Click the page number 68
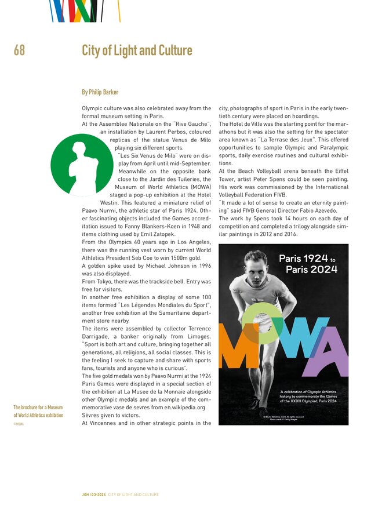19,50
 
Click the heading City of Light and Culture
137,50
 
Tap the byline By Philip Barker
100,92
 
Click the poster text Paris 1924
303,259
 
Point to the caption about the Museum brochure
38,411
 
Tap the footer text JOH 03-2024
94,494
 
